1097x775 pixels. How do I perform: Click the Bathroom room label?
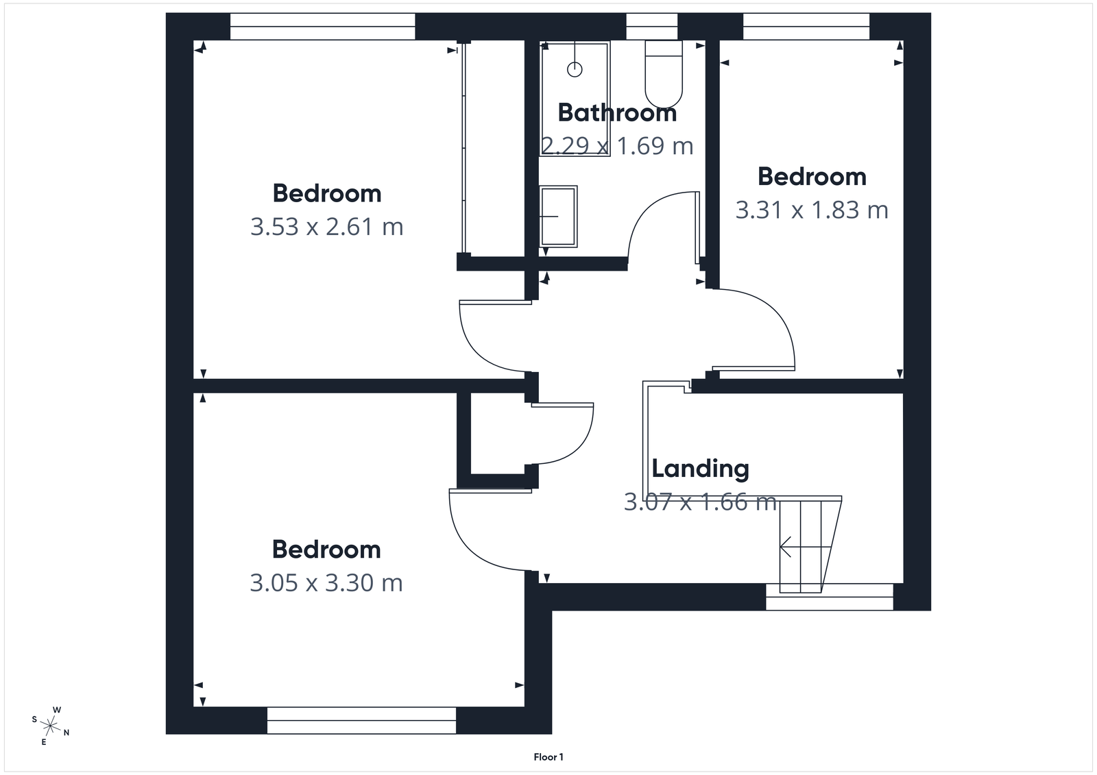pos(617,113)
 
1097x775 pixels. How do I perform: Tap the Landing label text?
pos(700,469)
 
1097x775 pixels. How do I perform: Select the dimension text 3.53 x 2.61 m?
pos(326,227)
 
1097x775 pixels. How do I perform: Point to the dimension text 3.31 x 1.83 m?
pos(812,210)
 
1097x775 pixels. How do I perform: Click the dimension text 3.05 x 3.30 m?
pos(326,583)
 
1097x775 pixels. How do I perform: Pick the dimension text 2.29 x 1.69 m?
pos(617,146)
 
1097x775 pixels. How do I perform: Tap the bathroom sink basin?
pos(558,216)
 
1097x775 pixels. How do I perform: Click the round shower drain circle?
pos(575,69)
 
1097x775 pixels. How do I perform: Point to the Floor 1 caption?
pos(548,757)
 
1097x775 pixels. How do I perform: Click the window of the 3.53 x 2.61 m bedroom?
pos(322,27)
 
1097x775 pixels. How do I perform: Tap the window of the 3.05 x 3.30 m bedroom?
pos(361,721)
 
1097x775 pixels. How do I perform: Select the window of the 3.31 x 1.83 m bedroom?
pos(806,27)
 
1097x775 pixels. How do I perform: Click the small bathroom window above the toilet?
pos(652,27)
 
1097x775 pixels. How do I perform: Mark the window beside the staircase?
pos(830,597)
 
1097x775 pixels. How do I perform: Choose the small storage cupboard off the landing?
pos(498,433)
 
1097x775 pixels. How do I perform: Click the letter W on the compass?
pos(58,710)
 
